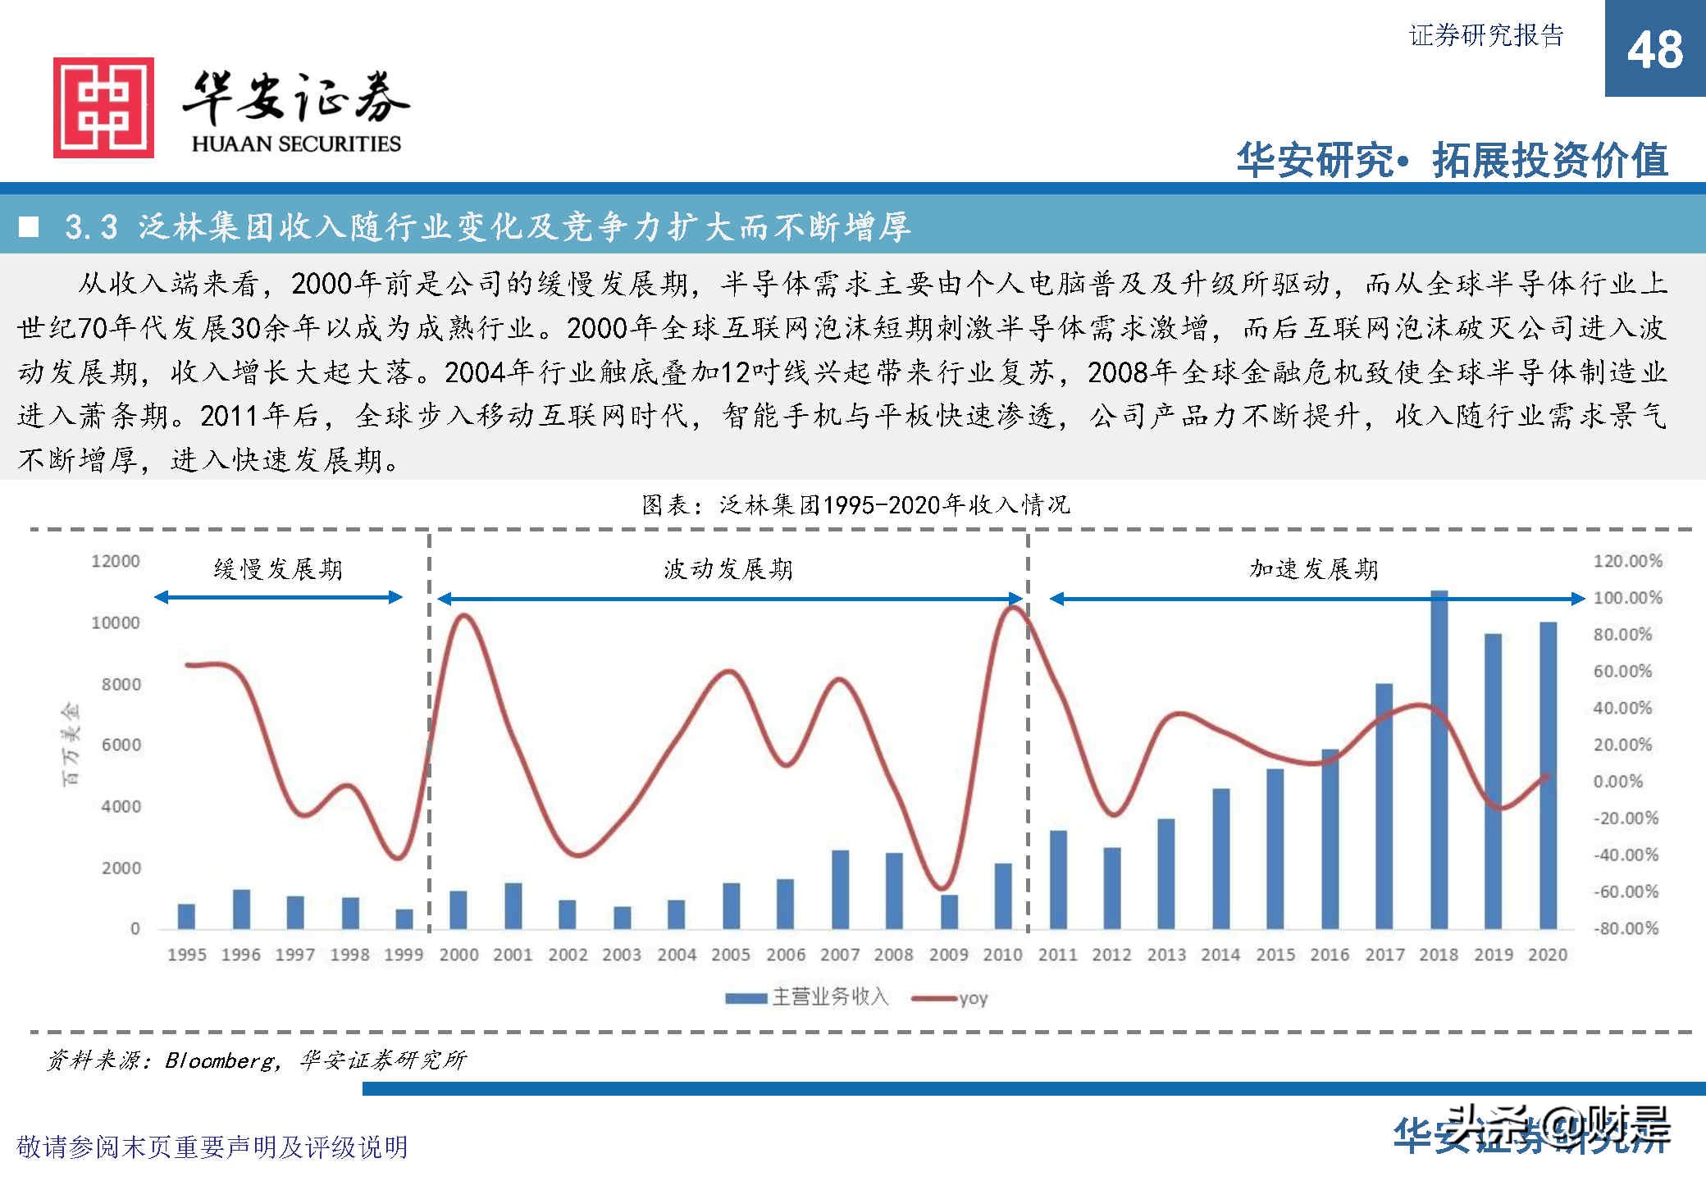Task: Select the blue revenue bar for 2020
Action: coord(1548,775)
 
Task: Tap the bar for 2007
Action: coord(840,889)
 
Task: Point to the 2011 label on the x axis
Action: coord(1057,955)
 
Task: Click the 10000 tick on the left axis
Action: coord(116,622)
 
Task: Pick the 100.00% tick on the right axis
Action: coord(1627,598)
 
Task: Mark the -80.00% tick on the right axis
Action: coord(1626,928)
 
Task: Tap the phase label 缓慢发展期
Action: coord(278,569)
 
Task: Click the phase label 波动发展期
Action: coord(728,569)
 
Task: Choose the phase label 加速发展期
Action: coord(1314,569)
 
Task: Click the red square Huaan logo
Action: coord(103,107)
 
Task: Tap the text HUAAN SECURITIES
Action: coord(296,144)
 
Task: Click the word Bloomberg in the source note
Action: coord(220,1060)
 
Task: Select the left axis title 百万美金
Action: coord(71,744)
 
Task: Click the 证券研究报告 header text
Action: coord(1486,35)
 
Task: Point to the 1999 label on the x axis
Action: coord(404,955)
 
